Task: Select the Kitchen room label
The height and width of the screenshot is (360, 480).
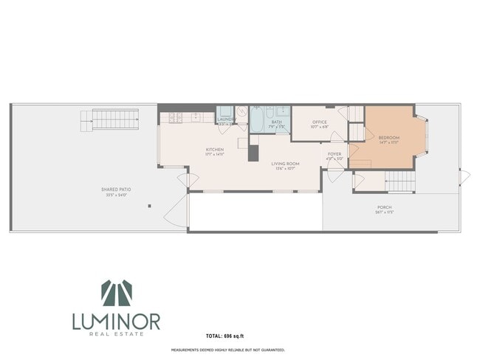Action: tap(215, 151)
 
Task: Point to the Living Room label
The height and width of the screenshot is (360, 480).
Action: tap(284, 165)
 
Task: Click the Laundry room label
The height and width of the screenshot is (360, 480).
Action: tap(225, 119)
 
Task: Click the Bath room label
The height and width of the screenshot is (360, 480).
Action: tap(276, 124)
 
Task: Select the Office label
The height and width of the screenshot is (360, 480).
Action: tap(319, 124)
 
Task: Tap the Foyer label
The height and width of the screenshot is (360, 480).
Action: tap(335, 156)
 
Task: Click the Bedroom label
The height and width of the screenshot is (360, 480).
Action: tap(388, 139)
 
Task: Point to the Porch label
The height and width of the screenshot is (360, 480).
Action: tap(383, 209)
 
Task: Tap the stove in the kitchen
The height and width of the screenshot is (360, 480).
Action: tap(176, 118)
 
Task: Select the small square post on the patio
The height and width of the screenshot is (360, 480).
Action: tap(149, 206)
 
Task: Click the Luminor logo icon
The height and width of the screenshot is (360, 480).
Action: tap(116, 294)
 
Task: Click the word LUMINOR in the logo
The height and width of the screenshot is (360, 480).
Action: tap(116, 322)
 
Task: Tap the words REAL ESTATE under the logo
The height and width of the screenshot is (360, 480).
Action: tap(116, 335)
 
